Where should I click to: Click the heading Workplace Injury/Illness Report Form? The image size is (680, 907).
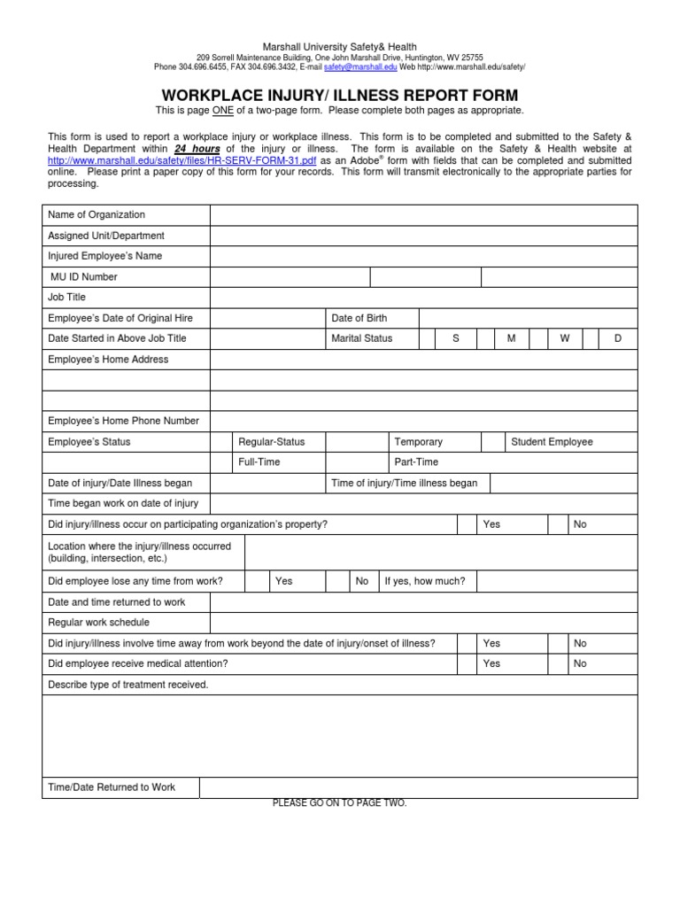(339, 95)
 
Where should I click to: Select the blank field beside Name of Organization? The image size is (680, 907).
(423, 215)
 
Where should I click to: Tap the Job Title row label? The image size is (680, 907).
(67, 298)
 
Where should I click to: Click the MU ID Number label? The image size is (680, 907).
(83, 277)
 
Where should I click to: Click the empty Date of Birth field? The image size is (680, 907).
(528, 318)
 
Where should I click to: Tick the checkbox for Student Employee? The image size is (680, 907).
(493, 442)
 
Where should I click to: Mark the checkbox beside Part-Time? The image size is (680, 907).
(358, 462)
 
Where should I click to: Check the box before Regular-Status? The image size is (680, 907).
(220, 442)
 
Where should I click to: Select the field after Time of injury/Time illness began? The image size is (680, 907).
(563, 484)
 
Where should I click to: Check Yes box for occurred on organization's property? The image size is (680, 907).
(468, 524)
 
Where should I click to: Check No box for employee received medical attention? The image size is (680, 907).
(558, 663)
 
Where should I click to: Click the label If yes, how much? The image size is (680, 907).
(424, 581)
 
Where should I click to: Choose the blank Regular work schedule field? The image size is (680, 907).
(423, 623)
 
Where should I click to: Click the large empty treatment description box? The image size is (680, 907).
(339, 735)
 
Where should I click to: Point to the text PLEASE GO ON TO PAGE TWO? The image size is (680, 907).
(339, 803)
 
